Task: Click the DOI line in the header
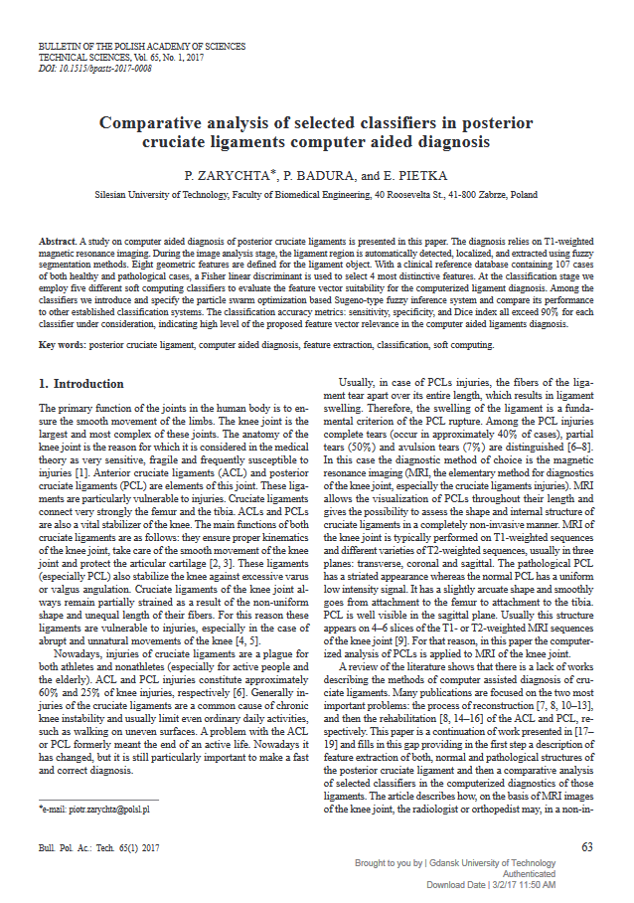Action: tap(94, 68)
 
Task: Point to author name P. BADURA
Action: tap(319, 175)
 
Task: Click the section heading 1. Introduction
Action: tap(80, 383)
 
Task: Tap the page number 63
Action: tap(586, 846)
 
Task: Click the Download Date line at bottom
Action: tap(491, 883)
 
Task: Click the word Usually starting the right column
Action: tap(361, 383)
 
